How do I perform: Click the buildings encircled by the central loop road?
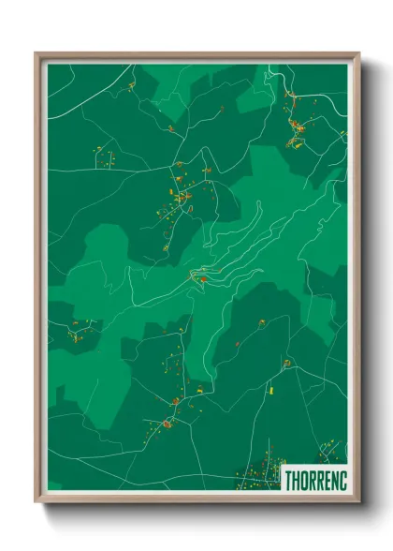199,275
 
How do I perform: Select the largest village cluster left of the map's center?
180,195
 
